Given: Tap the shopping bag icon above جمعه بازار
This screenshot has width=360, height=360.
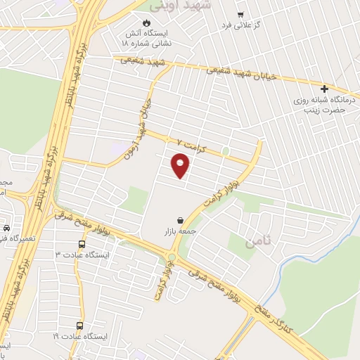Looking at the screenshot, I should [181, 220].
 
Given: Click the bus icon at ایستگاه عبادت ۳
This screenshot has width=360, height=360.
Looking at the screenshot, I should [82, 245].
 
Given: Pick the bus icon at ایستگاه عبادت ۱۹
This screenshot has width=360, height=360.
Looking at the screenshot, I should [79, 326].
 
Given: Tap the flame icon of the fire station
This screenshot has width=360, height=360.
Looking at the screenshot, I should [146, 23].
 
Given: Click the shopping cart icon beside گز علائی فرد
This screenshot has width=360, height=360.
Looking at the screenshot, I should [240, 15].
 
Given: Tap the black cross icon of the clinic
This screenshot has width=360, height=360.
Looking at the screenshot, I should [324, 89].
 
